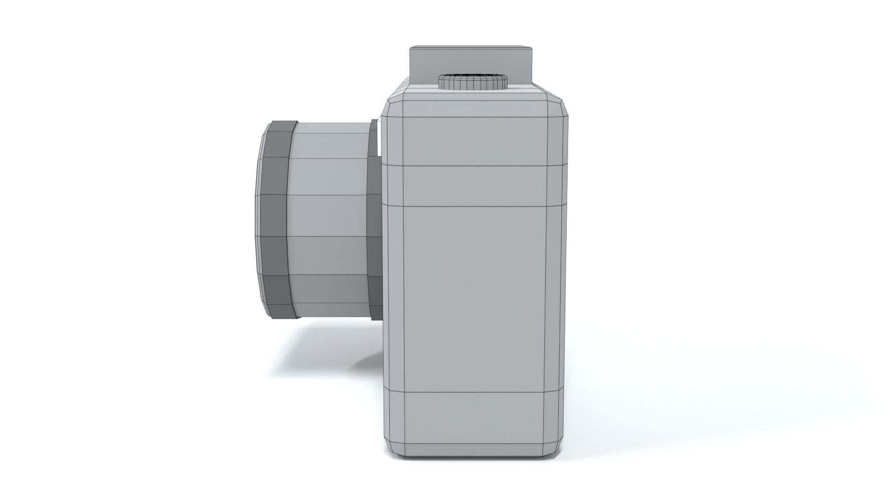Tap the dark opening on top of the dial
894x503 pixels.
click(473, 75)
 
